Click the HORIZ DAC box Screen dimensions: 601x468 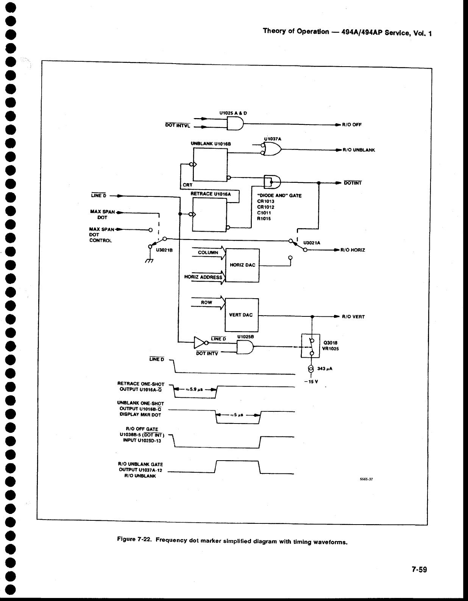pos(242,265)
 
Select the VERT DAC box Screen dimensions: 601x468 pos(242,315)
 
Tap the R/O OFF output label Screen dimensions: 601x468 pos(352,125)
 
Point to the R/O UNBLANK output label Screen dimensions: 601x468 pos(358,150)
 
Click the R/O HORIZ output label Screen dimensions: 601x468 pos(353,250)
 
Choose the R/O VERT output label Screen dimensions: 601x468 pos(353,317)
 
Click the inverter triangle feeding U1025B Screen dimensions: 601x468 pos(200,343)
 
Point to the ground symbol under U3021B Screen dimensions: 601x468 pos(150,261)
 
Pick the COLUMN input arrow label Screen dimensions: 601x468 pos(208,252)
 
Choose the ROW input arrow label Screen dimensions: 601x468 pos(206,302)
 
